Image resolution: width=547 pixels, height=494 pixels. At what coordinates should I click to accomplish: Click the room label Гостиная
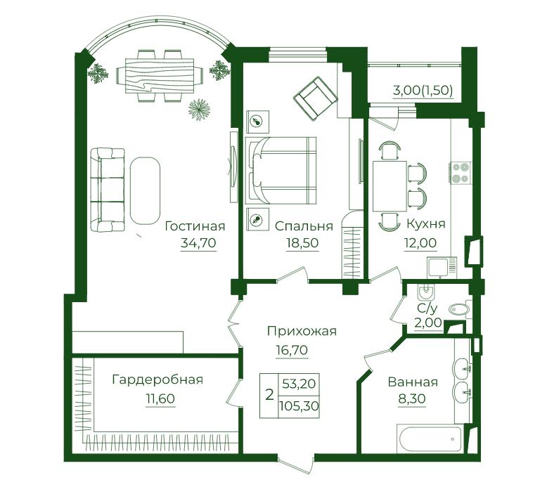[195, 226]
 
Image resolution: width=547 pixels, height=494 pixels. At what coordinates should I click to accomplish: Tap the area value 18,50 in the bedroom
[302, 242]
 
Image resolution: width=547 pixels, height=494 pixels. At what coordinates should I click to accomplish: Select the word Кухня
[426, 224]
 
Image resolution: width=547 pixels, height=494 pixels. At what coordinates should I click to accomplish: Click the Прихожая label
[302, 331]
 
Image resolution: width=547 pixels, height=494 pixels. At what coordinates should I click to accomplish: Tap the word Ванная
[413, 382]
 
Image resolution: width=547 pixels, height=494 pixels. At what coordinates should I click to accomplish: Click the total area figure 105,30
[299, 405]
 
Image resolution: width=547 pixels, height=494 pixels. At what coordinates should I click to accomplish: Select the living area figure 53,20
[299, 384]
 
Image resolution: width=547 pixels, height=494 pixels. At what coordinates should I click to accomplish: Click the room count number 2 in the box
[269, 396]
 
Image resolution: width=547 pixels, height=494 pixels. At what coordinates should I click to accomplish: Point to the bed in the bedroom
[281, 170]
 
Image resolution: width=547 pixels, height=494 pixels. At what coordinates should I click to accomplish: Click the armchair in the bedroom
[316, 98]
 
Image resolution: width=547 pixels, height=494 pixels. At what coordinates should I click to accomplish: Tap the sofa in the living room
[108, 190]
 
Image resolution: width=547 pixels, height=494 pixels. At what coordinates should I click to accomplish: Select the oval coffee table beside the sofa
[145, 190]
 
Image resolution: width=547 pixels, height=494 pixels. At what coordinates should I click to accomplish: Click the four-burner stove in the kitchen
[460, 173]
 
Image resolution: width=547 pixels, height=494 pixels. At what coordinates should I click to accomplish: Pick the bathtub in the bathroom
[430, 438]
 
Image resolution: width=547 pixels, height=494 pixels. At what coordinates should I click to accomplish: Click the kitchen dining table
[390, 186]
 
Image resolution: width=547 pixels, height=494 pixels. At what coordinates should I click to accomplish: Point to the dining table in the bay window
[160, 75]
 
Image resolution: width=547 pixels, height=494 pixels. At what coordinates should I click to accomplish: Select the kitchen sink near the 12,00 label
[442, 267]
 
